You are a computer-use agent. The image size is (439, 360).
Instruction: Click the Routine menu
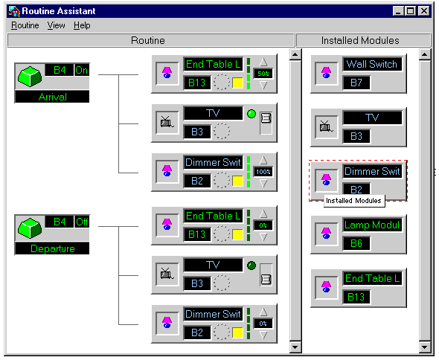click(x=25, y=25)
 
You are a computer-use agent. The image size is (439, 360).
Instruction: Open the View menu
click(x=56, y=25)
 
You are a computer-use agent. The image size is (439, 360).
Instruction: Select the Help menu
click(x=82, y=25)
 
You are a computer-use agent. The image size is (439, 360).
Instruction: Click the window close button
click(x=424, y=11)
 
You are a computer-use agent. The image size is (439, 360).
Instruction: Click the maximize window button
click(x=411, y=11)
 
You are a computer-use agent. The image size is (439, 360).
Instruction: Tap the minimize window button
click(x=398, y=11)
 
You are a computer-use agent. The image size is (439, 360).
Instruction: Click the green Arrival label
click(x=52, y=97)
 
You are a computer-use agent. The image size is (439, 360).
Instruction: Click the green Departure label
click(x=52, y=248)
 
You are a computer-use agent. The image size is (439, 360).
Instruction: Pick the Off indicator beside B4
click(x=82, y=222)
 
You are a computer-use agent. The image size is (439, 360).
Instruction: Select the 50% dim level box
click(x=263, y=74)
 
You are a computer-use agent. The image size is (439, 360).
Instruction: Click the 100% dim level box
click(x=263, y=172)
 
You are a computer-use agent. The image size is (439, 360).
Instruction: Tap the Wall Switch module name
click(x=372, y=64)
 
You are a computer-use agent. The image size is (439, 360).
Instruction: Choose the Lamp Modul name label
click(x=372, y=225)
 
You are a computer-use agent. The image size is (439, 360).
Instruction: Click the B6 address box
click(x=356, y=243)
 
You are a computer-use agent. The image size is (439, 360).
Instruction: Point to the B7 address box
click(x=356, y=83)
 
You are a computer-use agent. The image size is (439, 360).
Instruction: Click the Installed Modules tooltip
click(x=354, y=201)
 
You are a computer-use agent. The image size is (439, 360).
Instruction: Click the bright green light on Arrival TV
click(x=251, y=114)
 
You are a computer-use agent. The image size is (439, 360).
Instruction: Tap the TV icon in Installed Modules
click(x=326, y=127)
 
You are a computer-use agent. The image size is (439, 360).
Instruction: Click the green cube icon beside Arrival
click(x=30, y=77)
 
